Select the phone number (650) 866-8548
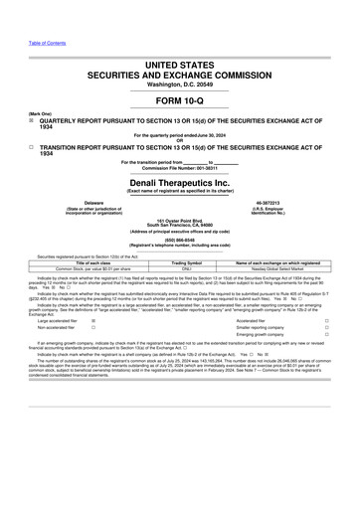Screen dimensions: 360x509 (x=180, y=238)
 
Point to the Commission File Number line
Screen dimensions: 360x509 (x=180, y=166)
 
